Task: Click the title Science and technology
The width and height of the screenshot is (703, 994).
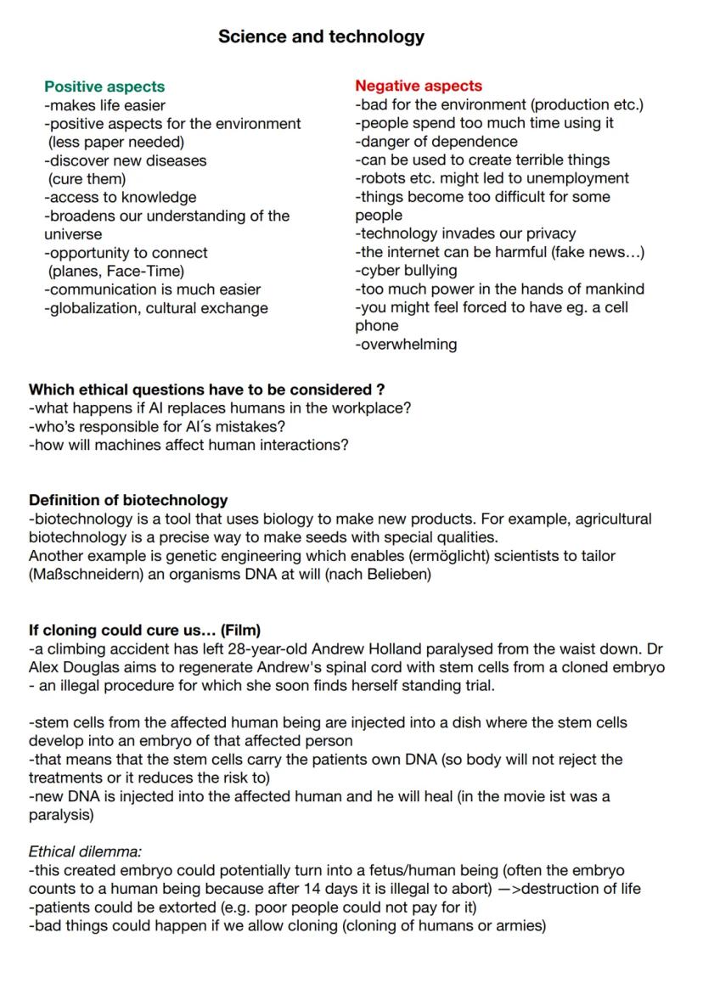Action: point(321,37)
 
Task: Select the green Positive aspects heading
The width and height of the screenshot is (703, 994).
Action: point(104,87)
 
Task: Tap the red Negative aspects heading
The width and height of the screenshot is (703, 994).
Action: point(419,86)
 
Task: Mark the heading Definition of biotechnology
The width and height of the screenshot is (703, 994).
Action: point(128,500)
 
